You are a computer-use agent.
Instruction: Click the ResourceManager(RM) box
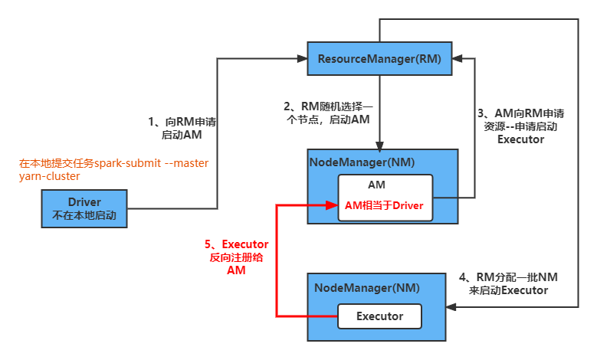click(379, 59)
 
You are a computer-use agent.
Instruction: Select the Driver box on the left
click(84, 208)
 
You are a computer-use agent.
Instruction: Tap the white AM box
click(386, 197)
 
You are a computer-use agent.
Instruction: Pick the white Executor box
click(380, 316)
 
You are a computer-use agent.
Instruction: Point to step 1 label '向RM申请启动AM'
click(181, 128)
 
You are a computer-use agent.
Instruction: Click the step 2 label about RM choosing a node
click(327, 113)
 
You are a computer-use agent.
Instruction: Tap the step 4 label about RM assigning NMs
click(513, 283)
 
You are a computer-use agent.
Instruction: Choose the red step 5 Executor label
click(236, 257)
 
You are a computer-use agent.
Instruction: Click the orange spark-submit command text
click(113, 164)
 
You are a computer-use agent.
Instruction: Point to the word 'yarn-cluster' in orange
click(49, 176)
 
